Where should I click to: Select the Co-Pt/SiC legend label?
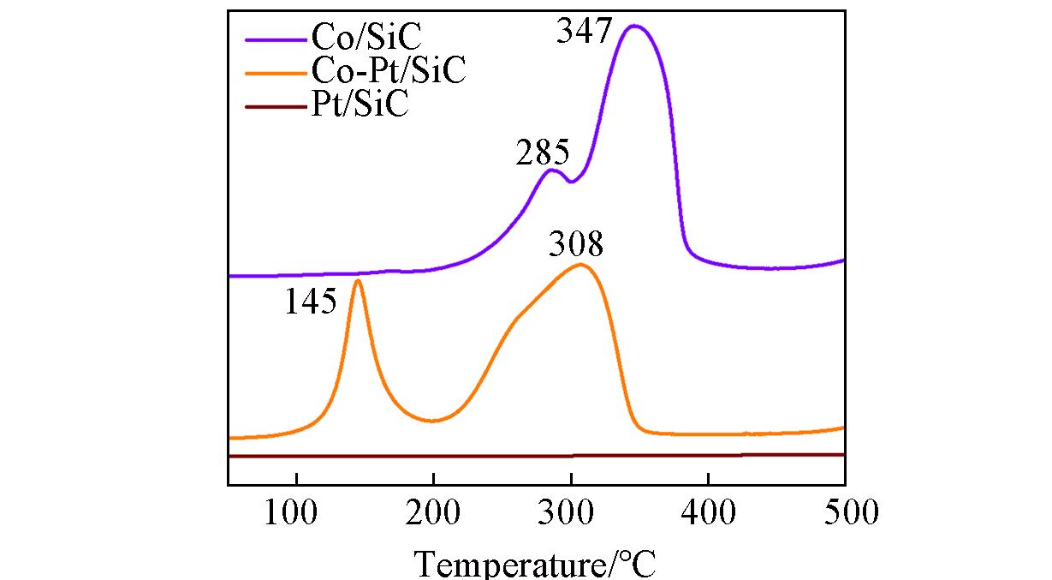coord(388,70)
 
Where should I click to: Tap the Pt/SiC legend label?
coord(360,105)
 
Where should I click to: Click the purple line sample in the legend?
coord(275,39)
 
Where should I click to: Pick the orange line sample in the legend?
coord(275,73)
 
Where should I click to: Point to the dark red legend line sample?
coord(275,107)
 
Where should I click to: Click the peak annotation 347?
coord(585,32)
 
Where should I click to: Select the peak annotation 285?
coord(543,154)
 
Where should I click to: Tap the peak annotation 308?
coord(576,247)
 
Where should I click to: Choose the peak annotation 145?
coord(311,302)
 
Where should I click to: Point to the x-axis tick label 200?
coord(433,513)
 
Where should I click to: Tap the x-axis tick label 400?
coord(708,513)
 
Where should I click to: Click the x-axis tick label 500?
coord(845,513)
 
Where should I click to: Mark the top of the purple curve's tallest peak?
coord(634,26)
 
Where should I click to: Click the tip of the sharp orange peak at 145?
coord(357,280)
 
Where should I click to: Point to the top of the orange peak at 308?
coord(581,264)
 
